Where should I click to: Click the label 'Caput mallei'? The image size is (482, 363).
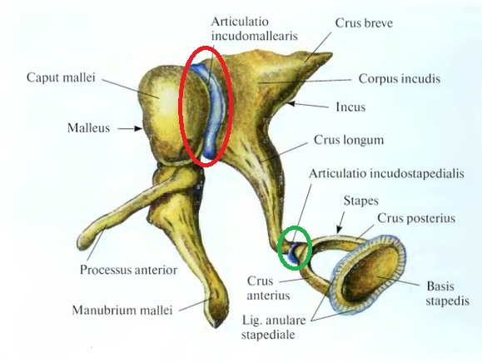pos(61,77)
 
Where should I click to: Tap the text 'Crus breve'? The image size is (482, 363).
pos(364,23)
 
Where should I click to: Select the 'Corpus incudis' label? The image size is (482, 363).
pos(400,79)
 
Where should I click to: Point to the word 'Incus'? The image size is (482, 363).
pos(350,107)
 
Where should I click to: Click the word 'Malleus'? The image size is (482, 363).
pos(88,128)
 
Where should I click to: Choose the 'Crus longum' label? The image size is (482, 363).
pos(349,141)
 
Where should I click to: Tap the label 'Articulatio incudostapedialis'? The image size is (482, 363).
pos(386,174)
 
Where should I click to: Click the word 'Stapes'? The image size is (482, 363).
pos(361,201)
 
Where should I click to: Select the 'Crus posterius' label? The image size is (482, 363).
pos(416,218)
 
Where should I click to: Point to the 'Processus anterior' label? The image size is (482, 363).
pos(128,270)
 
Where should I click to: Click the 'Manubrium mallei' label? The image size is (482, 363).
pos(122,311)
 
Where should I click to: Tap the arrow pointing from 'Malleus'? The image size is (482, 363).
pos(130,128)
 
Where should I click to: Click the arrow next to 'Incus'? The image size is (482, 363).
pos(307,106)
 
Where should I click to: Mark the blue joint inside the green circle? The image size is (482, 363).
pos(294,252)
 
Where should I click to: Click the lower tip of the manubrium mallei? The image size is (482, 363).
pos(216,326)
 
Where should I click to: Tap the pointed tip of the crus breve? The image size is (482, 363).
pos(330,55)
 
